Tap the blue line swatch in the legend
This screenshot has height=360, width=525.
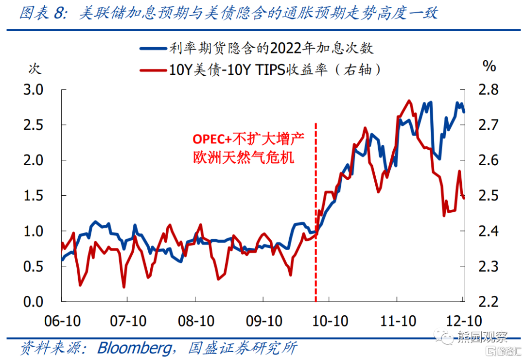point(153,48)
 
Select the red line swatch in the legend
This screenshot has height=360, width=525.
point(153,70)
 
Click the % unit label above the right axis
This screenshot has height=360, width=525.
point(489,66)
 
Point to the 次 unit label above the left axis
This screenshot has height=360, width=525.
point(34,69)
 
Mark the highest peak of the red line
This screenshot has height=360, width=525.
point(409,101)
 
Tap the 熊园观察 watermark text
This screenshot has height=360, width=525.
point(476,336)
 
